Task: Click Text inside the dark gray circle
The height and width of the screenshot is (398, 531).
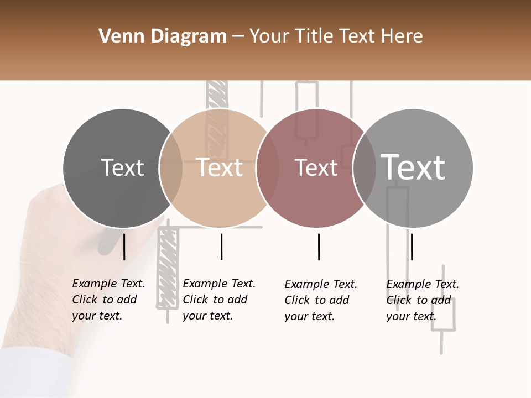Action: point(122,167)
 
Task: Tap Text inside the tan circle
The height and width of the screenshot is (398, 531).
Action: point(220,167)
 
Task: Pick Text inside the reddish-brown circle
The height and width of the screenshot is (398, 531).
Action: point(316,167)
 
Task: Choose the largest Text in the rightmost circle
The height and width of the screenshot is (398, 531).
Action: point(413,167)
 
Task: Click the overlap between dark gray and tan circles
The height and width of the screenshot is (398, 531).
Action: point(171,168)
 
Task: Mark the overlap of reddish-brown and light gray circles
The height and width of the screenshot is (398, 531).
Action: point(365,168)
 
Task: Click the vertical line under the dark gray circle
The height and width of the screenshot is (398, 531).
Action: point(124,247)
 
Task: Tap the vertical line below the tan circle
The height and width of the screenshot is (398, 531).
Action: point(221,247)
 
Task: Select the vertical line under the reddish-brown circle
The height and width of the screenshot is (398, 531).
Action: point(319,247)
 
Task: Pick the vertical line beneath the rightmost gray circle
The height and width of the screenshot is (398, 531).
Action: point(412,247)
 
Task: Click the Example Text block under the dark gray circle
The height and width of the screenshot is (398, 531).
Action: point(108,300)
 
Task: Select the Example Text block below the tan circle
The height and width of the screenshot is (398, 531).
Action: point(218,300)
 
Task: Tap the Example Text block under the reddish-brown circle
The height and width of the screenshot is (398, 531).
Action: point(320,300)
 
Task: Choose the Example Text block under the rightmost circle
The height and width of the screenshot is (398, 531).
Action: point(422,300)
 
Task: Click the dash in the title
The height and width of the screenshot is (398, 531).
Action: point(238,36)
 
